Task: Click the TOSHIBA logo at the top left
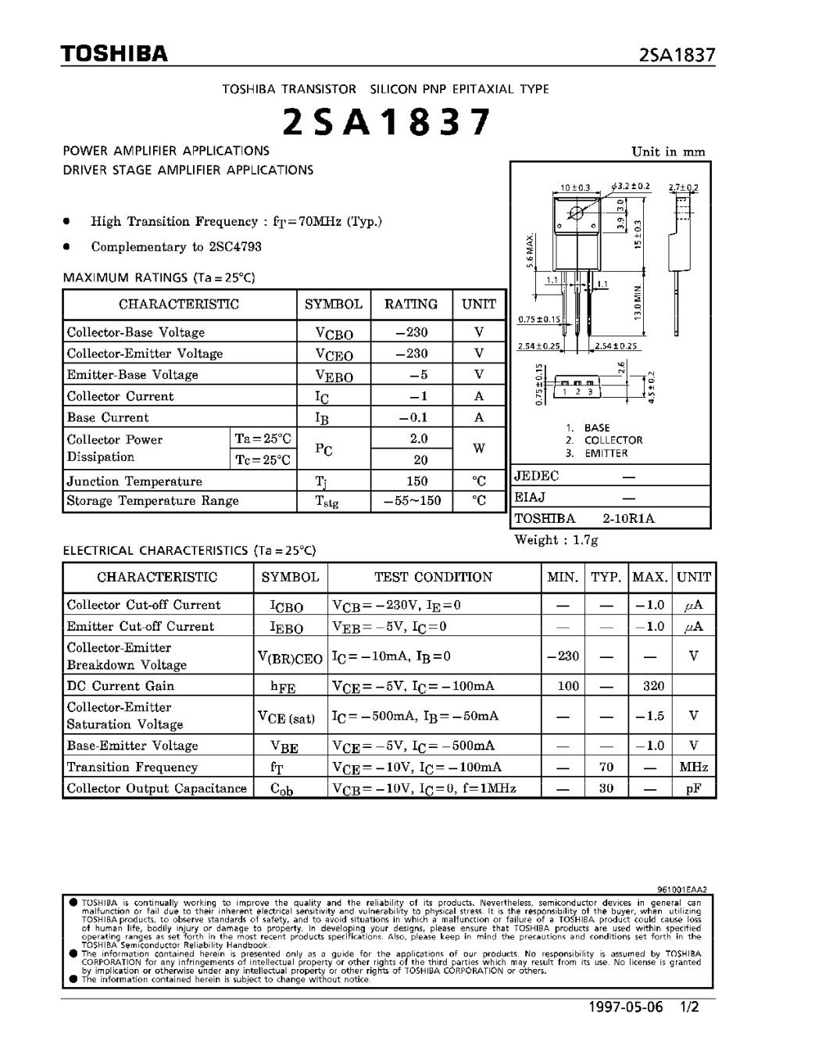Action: tap(115, 54)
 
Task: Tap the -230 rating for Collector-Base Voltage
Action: tap(411, 332)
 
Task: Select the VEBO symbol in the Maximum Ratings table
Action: tap(334, 376)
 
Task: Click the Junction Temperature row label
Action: tap(134, 481)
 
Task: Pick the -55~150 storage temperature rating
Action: tap(411, 501)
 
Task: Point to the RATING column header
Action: tap(411, 304)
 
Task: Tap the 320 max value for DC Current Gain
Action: tap(653, 686)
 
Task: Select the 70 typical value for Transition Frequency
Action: tap(606, 767)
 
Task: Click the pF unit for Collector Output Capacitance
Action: tap(693, 789)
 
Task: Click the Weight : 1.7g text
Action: tap(556, 540)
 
